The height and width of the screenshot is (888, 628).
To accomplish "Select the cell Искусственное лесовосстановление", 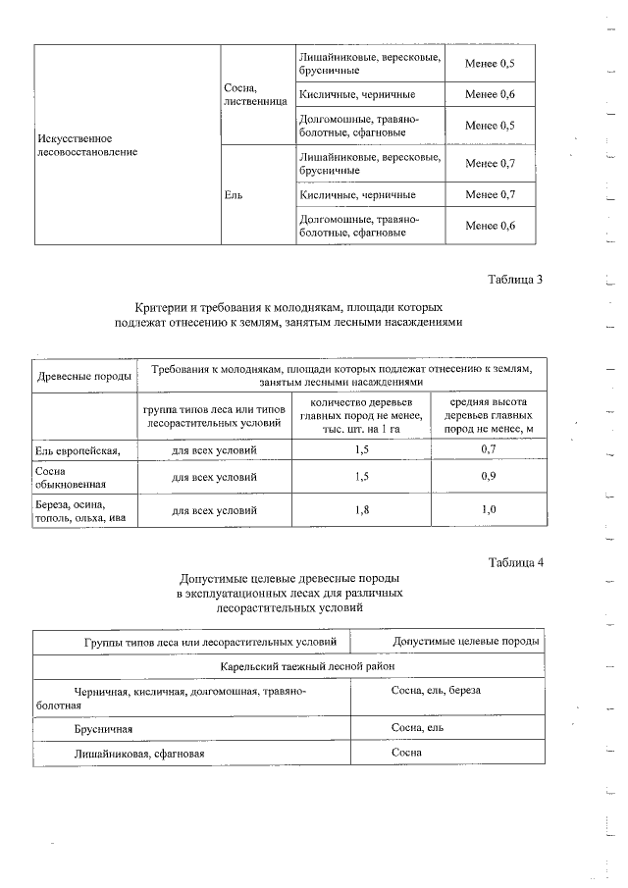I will [x=81, y=145].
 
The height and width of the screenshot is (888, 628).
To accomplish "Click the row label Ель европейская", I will [x=78, y=450].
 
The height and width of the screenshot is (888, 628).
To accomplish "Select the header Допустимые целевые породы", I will [x=465, y=642].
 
